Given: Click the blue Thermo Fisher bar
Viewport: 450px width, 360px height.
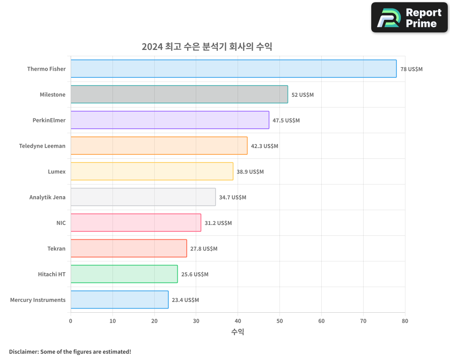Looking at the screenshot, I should click(x=234, y=69).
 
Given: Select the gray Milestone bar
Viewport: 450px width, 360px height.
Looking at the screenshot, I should click(x=179, y=94).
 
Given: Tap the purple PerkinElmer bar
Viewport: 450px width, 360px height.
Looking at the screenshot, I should click(x=170, y=120).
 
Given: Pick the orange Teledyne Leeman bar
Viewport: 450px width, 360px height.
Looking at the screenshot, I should click(x=159, y=146).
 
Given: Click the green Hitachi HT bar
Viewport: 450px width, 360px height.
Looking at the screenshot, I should click(x=124, y=274).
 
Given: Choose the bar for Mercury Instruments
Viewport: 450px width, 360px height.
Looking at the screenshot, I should click(x=119, y=300).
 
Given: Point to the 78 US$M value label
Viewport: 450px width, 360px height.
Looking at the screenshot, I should click(x=411, y=69).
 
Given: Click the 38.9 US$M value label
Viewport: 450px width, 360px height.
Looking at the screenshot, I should click(x=250, y=172).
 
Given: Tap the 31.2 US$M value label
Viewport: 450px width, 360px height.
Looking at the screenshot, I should click(x=218, y=223).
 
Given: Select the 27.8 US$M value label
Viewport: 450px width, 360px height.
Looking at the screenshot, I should click(x=204, y=249).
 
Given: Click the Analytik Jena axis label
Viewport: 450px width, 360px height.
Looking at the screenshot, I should click(x=47, y=198).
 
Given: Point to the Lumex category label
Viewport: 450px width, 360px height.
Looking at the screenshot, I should click(x=57, y=172).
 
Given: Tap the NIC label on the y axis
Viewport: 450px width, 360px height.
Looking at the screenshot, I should click(x=61, y=223).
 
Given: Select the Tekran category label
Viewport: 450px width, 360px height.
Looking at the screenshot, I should click(x=56, y=249).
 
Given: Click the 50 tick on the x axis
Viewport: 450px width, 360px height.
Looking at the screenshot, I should click(x=279, y=321).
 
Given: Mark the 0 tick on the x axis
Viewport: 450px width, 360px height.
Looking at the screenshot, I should click(x=71, y=321).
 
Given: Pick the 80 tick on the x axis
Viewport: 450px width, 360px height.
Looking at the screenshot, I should click(x=405, y=321).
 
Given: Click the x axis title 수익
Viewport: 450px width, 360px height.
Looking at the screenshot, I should click(x=238, y=332).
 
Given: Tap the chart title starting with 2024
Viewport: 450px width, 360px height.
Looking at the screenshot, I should click(x=207, y=46).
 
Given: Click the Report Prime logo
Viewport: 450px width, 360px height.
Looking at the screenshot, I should click(x=409, y=18).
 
